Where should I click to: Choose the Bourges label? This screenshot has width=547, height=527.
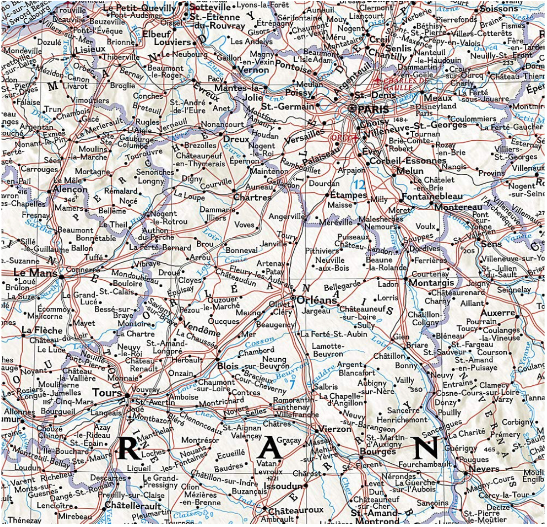(x=378, y=452)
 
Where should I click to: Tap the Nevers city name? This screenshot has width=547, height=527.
(x=485, y=469)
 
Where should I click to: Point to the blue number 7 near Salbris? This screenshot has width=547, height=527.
(x=292, y=383)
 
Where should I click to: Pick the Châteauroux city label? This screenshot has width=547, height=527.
(x=296, y=510)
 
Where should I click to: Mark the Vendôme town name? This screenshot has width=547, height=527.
(x=202, y=332)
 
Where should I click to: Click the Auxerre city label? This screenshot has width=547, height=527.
(x=498, y=313)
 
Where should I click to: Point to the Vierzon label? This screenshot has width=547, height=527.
(x=336, y=429)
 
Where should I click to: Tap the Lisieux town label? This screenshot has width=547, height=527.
(x=89, y=49)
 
